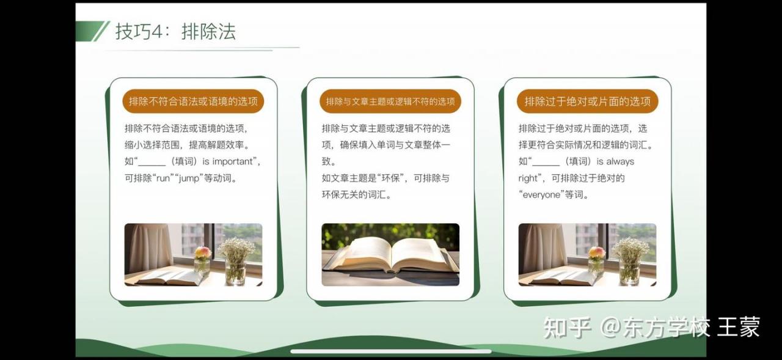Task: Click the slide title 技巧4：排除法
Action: [x=175, y=32]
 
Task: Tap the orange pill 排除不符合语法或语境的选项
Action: [x=193, y=101]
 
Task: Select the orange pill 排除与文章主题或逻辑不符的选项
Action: [x=390, y=101]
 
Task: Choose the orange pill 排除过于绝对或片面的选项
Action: [x=588, y=101]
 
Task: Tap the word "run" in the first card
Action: [x=163, y=178]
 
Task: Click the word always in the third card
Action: [x=620, y=162]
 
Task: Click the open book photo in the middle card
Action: [x=390, y=254]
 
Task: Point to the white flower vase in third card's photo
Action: [x=630, y=261]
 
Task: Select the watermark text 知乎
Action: [x=568, y=327]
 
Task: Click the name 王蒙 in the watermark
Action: [x=739, y=327]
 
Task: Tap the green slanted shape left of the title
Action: [x=92, y=31]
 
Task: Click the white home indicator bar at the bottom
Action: [x=391, y=351]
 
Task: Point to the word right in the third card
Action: [x=527, y=178]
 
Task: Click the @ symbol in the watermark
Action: [x=610, y=328]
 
